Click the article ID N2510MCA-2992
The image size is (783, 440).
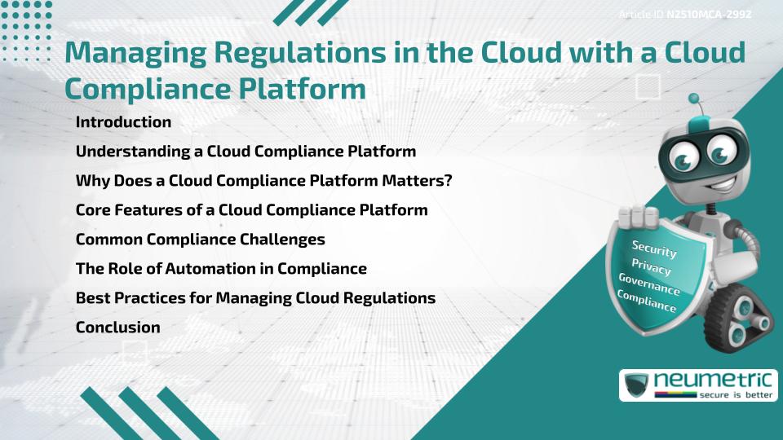click(x=709, y=15)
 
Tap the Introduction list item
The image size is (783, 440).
click(x=123, y=122)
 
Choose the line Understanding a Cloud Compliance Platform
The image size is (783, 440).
click(x=246, y=152)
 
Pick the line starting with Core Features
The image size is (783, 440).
click(x=251, y=210)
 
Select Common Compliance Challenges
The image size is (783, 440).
click(x=200, y=240)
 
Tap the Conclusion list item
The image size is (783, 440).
click(x=117, y=328)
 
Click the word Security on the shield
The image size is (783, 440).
click(x=654, y=249)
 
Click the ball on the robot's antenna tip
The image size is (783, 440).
click(x=694, y=99)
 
